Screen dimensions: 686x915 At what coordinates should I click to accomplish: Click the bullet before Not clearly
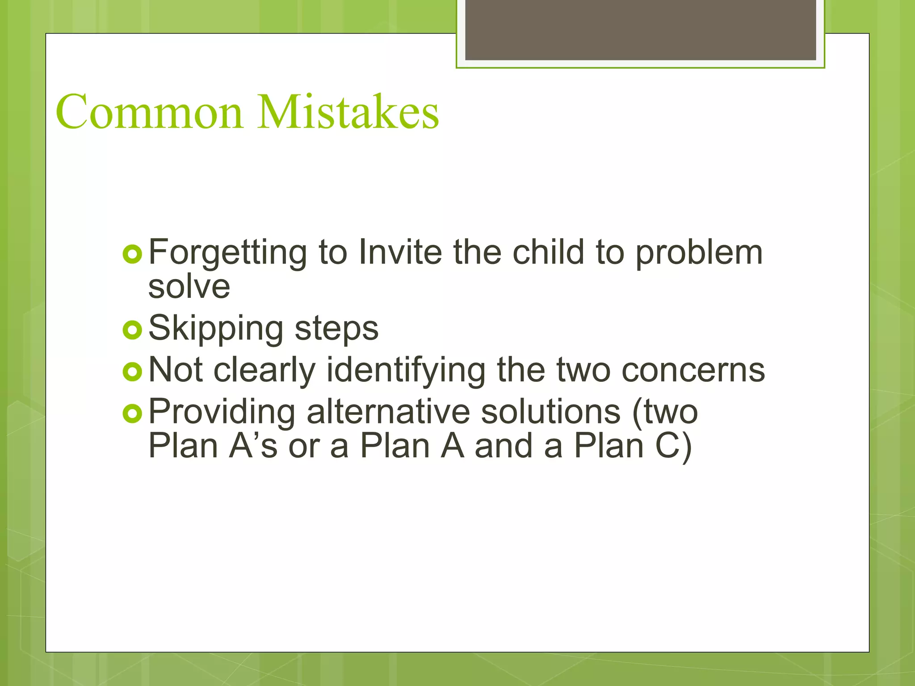pos(132,372)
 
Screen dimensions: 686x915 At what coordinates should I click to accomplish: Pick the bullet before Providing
pos(132,414)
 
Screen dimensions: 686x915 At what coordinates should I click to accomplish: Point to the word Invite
pos(400,252)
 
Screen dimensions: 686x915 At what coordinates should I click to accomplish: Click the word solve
pos(189,287)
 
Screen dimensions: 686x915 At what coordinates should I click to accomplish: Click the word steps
pos(336,329)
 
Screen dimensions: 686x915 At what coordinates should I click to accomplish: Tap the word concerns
pos(693,371)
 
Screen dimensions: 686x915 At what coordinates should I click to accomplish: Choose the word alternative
pos(388,412)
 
